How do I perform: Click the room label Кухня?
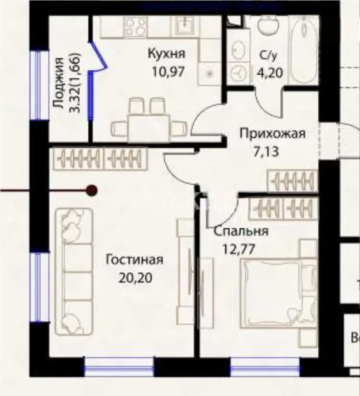166,54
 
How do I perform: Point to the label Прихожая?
272,133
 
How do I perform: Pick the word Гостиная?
135,260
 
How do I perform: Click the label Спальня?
241,231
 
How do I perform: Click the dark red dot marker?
92,190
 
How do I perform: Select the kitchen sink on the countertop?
185,26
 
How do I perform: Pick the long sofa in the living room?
73,271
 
